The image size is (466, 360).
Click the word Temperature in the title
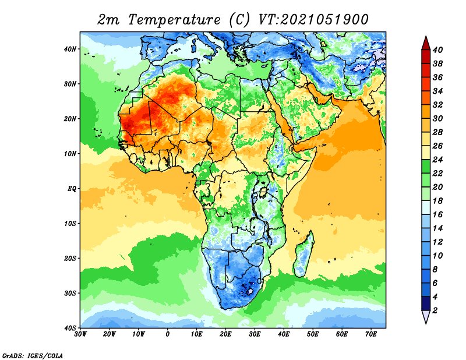point(174,20)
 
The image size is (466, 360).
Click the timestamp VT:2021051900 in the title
point(313,20)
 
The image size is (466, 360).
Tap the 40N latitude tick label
point(70,49)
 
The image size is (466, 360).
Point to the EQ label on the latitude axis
point(72,189)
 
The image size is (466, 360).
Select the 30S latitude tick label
point(70,294)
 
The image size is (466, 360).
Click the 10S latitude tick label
point(70,224)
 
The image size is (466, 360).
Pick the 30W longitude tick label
point(80,334)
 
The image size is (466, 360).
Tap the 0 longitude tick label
point(168,334)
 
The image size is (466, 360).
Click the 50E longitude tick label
point(313,334)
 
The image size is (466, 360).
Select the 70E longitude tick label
point(371,334)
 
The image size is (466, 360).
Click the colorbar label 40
point(437,50)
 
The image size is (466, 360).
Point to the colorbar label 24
point(437,160)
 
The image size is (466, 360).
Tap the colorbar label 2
point(435,310)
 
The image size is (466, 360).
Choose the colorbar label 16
point(437,214)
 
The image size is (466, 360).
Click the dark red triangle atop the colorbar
point(426,44)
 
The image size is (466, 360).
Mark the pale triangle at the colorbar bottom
point(426,316)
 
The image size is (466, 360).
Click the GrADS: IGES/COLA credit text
point(33,355)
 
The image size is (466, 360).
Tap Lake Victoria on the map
point(263,192)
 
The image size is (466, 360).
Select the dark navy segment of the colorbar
point(426,303)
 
